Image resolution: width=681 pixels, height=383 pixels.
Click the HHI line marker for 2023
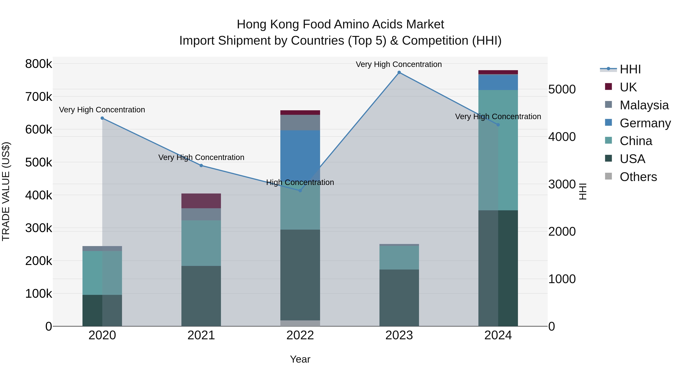point(399,72)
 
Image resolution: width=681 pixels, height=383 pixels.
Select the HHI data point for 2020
point(102,118)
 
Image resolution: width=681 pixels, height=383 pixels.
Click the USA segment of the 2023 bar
point(399,298)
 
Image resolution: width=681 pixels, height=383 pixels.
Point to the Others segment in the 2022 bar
point(300,323)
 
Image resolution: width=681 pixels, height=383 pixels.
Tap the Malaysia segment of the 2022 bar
point(300,122)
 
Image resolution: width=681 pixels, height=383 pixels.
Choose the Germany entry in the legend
point(645,123)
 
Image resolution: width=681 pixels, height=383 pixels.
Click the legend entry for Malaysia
point(644,105)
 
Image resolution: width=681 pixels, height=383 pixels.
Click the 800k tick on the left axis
point(39,64)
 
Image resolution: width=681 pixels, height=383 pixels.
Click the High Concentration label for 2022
point(300,182)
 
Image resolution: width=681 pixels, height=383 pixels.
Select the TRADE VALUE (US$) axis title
point(6,191)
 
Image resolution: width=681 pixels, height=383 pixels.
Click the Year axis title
point(300,359)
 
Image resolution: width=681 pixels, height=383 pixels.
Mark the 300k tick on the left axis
point(39,228)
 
